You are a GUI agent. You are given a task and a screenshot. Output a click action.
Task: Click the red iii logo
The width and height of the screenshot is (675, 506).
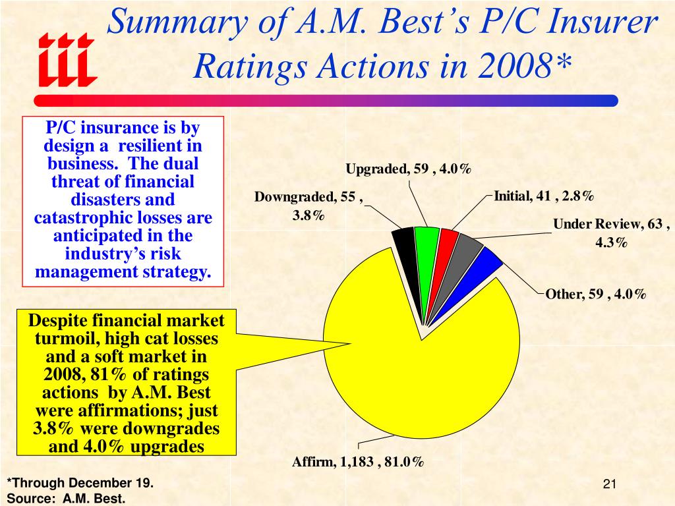pyautogui.click(x=67, y=60)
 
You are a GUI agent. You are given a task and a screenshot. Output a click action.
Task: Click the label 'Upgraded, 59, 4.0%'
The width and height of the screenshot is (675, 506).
pyautogui.click(x=409, y=169)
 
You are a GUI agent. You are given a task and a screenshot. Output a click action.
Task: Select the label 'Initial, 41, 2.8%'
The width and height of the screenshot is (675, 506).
pyautogui.click(x=544, y=196)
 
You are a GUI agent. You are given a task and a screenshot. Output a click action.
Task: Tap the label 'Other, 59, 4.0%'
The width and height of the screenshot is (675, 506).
pyautogui.click(x=596, y=295)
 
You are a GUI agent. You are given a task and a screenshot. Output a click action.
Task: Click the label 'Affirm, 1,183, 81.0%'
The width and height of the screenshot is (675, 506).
pyautogui.click(x=358, y=462)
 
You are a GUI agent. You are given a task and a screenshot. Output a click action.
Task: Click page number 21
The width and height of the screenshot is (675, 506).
pyautogui.click(x=610, y=484)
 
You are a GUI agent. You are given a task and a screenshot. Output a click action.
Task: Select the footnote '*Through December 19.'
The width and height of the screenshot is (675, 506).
pyautogui.click(x=80, y=483)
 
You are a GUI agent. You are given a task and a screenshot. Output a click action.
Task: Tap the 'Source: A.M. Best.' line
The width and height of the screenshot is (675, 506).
pyautogui.click(x=67, y=499)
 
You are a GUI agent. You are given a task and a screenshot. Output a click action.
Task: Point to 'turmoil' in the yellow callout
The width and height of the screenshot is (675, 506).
pyautogui.click(x=65, y=339)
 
